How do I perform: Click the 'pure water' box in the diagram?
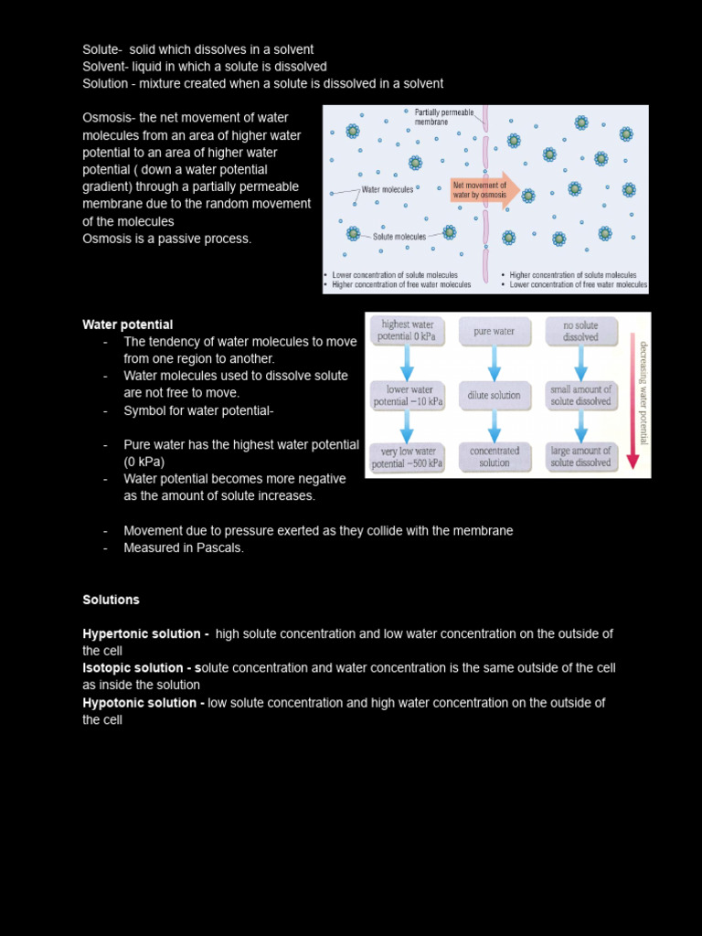(494, 332)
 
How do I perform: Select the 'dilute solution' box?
(494, 395)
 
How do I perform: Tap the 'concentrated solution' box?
(494, 456)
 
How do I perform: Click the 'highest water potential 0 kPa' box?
(408, 331)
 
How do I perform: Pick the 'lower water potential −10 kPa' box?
(408, 395)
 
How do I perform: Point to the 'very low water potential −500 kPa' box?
(408, 457)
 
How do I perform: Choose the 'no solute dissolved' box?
(580, 331)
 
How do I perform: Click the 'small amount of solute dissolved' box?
(580, 395)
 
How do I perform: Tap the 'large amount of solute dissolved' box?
(580, 456)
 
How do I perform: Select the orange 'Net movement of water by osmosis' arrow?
(485, 190)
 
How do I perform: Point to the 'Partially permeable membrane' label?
(444, 117)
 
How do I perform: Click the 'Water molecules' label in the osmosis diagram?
(388, 190)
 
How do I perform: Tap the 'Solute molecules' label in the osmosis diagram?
(399, 237)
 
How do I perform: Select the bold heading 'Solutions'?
(112, 600)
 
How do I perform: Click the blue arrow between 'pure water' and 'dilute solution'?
(494, 363)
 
